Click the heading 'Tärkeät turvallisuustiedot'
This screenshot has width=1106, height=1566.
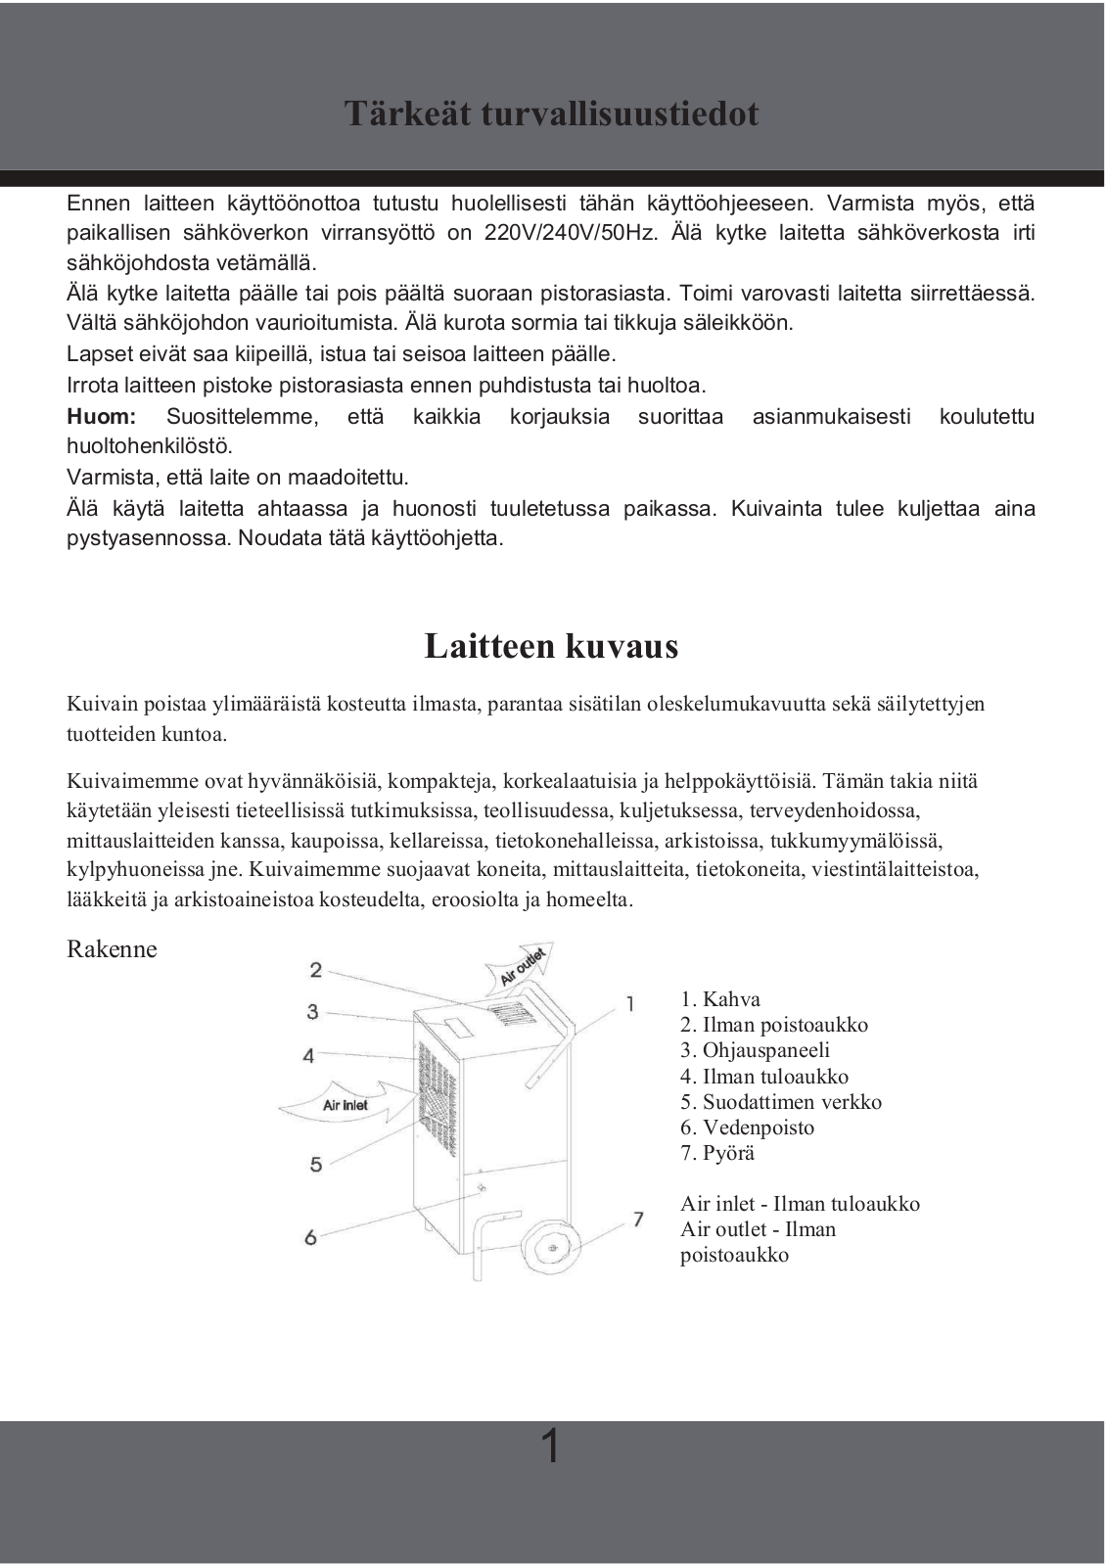click(551, 114)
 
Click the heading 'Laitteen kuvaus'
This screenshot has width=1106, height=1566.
click(551, 646)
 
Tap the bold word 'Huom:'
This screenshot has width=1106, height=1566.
click(101, 416)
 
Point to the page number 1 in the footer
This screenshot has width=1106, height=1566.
click(551, 1446)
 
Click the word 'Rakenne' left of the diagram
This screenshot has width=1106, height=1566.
click(112, 949)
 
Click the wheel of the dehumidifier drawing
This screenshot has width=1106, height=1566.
click(550, 1249)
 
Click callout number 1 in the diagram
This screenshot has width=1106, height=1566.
click(630, 1003)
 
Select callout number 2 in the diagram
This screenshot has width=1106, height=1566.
click(315, 969)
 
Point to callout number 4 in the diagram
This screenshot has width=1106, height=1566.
click(309, 1055)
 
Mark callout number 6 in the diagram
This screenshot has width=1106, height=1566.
click(310, 1237)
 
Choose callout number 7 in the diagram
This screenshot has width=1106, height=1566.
click(638, 1219)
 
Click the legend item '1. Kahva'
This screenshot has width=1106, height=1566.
click(720, 999)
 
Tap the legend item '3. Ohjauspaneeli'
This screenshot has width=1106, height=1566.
click(755, 1050)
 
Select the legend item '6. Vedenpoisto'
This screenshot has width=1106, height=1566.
click(747, 1128)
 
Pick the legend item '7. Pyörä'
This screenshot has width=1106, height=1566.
click(717, 1153)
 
